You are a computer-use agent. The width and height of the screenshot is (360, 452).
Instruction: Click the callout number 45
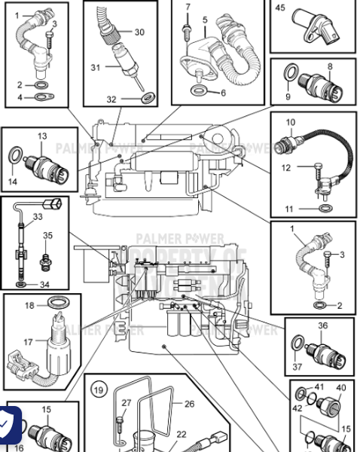coord(280,8)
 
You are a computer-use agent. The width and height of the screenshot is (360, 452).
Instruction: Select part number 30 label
coord(139,32)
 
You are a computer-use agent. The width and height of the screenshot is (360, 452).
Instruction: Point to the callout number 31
coord(96,67)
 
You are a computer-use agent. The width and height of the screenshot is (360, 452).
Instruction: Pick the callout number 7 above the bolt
coord(188,7)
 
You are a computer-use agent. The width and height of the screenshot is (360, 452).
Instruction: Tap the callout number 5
coord(204,19)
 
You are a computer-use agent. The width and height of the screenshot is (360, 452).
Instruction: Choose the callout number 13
coord(42,136)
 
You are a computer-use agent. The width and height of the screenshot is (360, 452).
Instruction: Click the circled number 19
coord(98,389)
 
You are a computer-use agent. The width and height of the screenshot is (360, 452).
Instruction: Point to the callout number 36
coord(322,326)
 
